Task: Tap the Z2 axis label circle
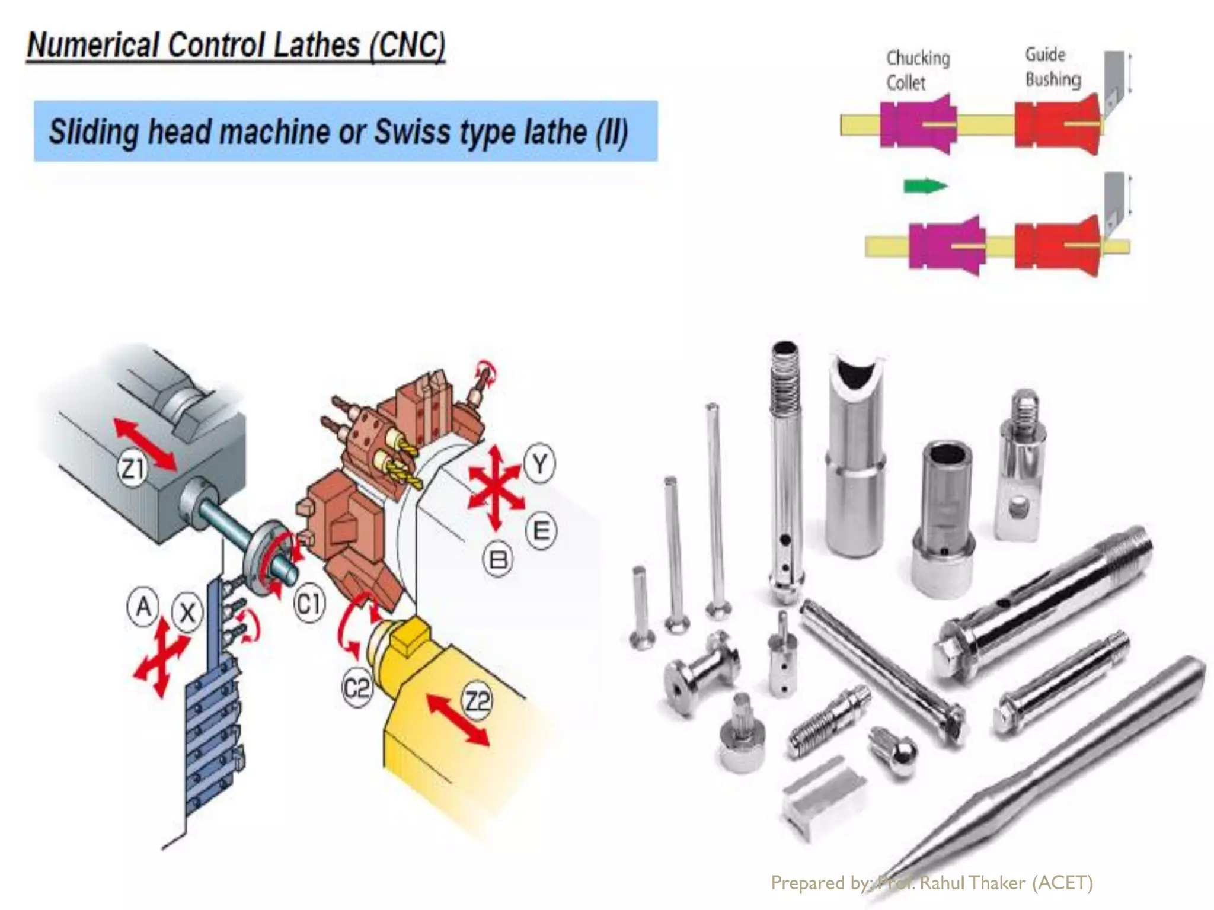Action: [x=477, y=701]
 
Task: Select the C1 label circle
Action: [x=309, y=604]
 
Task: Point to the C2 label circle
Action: [x=357, y=688]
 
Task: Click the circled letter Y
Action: [x=539, y=464]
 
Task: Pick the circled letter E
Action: [x=541, y=531]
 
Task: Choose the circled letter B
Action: [x=499, y=559]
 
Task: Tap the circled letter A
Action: [x=143, y=607]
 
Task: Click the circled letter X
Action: [x=187, y=613]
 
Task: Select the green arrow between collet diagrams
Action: [x=925, y=186]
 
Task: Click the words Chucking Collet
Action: [x=918, y=70]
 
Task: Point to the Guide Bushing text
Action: [x=1053, y=67]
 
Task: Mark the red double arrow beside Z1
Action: [x=145, y=444]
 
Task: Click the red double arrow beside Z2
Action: [x=458, y=719]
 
